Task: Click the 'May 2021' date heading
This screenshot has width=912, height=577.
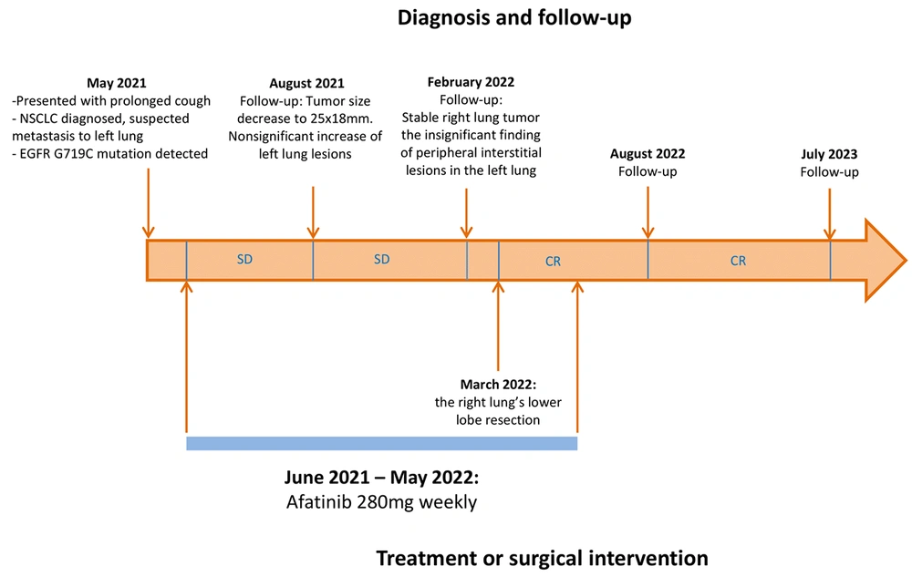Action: tap(117, 83)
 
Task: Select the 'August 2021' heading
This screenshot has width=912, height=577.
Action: tap(306, 83)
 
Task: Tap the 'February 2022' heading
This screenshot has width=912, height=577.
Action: tap(471, 82)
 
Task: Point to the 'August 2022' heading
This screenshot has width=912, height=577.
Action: tap(648, 154)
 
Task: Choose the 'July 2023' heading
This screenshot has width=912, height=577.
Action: tap(829, 154)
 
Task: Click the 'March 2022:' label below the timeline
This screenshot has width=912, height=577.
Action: tap(498, 385)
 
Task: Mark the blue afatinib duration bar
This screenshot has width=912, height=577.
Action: tap(381, 444)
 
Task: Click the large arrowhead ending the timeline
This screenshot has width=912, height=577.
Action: tap(884, 261)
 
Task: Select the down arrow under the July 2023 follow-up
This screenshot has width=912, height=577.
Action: tap(829, 214)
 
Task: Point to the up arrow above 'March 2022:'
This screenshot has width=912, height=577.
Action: tap(498, 326)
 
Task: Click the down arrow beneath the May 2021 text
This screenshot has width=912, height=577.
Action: tap(149, 203)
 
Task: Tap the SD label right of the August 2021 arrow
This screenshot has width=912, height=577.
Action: tap(381, 259)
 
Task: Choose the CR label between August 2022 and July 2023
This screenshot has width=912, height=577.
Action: tap(738, 261)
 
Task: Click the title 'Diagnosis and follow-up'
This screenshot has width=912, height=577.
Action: tap(514, 17)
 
